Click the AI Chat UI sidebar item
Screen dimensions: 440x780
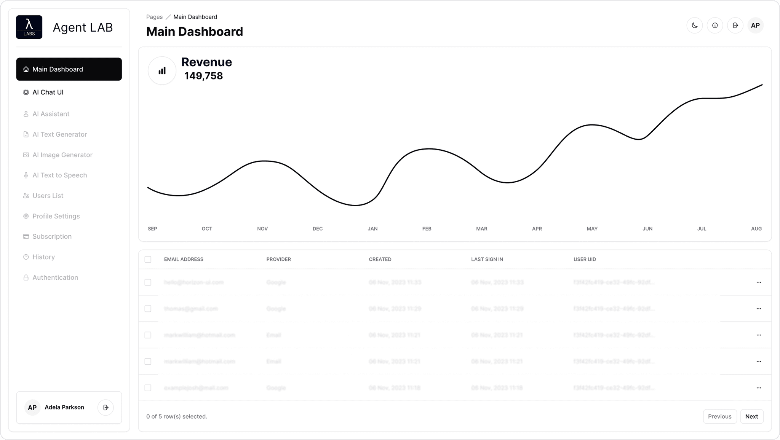coord(48,92)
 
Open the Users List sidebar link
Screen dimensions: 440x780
coord(48,196)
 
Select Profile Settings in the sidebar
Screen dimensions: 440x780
coord(56,216)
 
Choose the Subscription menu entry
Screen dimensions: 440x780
coord(52,236)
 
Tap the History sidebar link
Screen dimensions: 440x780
coord(43,257)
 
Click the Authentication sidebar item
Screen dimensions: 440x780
coord(55,277)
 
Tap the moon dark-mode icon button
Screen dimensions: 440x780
coord(695,26)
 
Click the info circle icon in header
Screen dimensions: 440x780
coord(715,26)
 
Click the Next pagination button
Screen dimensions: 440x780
coord(751,416)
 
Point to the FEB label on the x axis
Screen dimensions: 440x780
coord(427,229)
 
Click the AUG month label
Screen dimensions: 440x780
coord(756,229)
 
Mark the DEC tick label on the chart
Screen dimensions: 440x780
coord(317,229)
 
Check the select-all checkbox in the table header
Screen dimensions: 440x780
coord(148,260)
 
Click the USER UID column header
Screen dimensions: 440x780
coord(585,259)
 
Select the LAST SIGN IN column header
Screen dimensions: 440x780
coord(487,259)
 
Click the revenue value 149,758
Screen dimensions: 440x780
coord(203,76)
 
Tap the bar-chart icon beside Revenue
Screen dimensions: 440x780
coord(162,71)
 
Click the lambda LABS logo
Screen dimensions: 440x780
coord(29,27)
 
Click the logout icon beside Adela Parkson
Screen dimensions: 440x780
coord(106,408)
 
